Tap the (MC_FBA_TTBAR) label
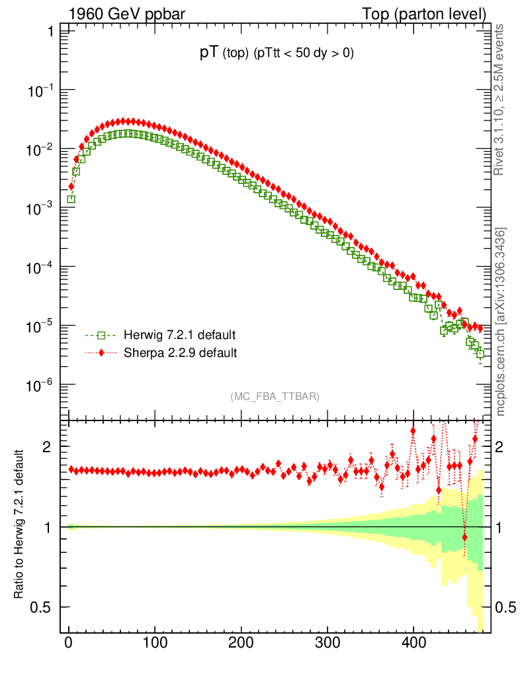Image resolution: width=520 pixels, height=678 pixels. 275,397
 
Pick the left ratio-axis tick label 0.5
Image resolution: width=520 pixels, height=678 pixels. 41,607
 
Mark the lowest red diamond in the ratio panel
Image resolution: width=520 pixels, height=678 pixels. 464,537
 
